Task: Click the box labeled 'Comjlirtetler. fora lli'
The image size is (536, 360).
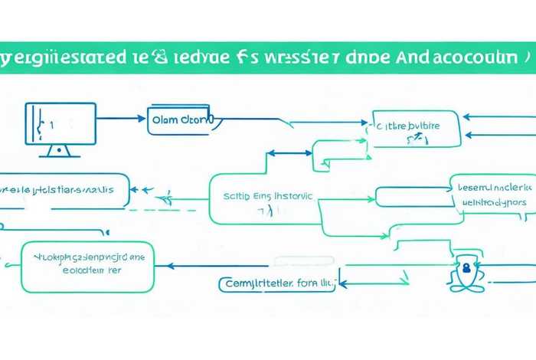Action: click(277, 284)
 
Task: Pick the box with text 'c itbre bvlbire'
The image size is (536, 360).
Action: click(417, 128)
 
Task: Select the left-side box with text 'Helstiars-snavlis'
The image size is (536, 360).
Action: click(65, 189)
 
